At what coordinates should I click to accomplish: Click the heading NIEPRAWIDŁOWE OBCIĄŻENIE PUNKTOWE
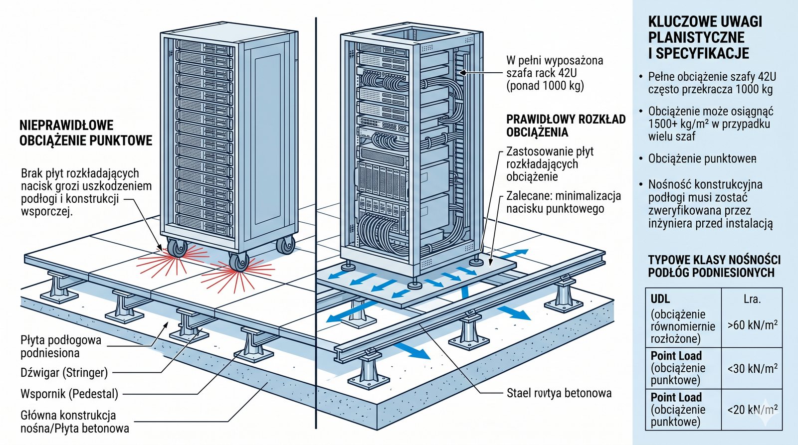(85, 133)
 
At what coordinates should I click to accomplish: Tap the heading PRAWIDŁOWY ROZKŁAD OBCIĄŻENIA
(566, 126)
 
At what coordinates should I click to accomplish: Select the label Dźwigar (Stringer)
(64, 372)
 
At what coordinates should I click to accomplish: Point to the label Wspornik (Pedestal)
(69, 394)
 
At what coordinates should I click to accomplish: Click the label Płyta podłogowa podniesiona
(60, 346)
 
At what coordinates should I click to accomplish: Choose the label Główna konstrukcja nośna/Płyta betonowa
(74, 422)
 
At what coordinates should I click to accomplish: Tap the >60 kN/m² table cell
(752, 325)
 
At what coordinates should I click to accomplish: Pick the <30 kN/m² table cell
(752, 369)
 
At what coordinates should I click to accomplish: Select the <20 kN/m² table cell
(752, 410)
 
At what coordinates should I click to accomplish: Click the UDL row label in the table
(660, 299)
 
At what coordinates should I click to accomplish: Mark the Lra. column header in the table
(752, 299)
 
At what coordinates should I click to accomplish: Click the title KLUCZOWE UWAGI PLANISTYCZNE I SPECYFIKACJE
(705, 37)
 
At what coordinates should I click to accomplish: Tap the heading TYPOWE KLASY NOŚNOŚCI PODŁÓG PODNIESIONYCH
(714, 266)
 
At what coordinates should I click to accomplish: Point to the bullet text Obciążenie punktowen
(702, 159)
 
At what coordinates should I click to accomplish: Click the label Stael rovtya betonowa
(559, 393)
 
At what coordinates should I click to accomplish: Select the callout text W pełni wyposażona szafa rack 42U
(554, 73)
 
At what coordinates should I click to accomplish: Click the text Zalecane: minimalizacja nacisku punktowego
(563, 202)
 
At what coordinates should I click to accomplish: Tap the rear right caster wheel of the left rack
(286, 245)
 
